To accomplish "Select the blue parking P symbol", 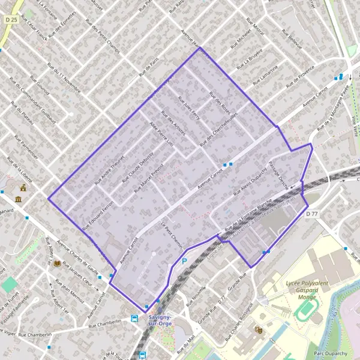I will [x=184, y=261].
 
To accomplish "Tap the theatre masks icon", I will [x=259, y=329].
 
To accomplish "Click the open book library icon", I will [x=57, y=263].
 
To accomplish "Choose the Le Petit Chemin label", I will [x=172, y=234].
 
